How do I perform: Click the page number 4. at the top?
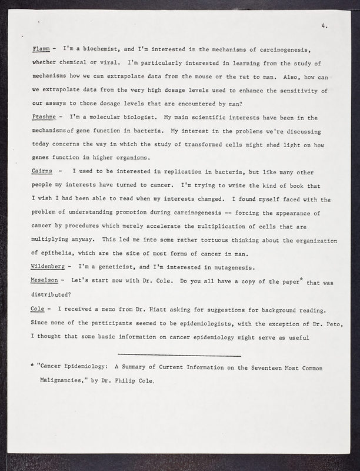[x=325, y=26]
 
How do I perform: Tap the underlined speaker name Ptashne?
[x=44, y=118]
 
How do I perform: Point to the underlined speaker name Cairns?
[x=41, y=171]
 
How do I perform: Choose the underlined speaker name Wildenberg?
[x=49, y=268]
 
